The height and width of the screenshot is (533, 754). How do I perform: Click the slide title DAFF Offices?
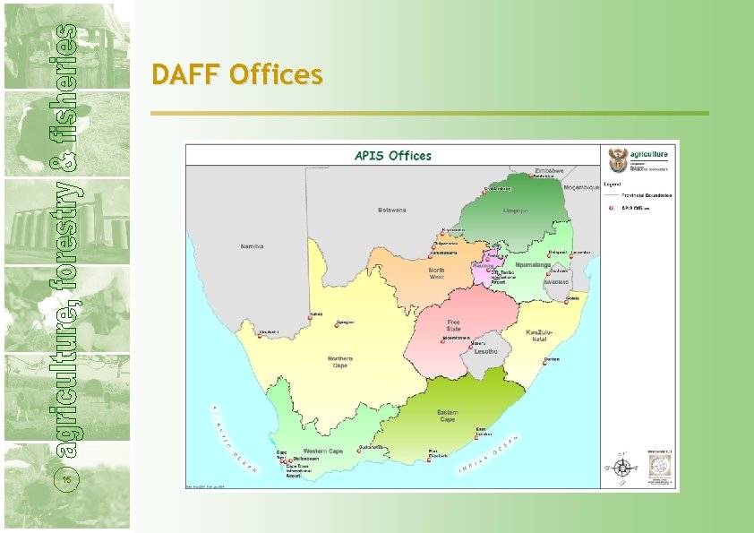[236, 74]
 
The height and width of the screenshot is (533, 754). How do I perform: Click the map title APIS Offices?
[393, 156]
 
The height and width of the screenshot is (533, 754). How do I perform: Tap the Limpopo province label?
[515, 211]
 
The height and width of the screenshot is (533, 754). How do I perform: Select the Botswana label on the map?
[392, 211]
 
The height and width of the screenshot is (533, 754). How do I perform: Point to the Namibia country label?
[253, 245]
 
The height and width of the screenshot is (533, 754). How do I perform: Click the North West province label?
[436, 273]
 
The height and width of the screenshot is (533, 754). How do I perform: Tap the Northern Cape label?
[340, 361]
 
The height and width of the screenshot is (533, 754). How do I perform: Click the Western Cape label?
[322, 451]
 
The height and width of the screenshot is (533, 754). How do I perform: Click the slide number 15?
[66, 481]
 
